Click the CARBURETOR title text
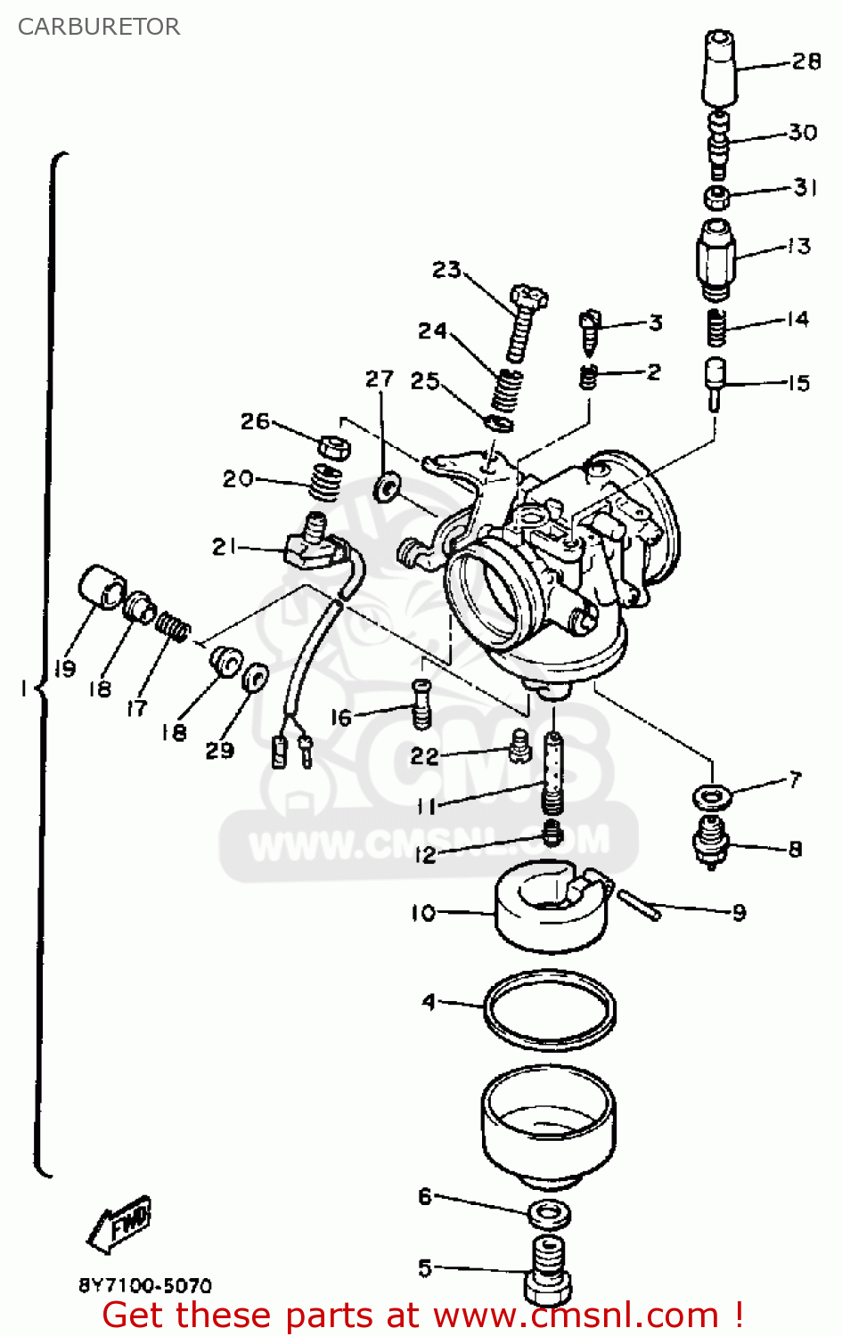pyautogui.click(x=99, y=27)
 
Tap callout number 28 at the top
pyautogui.click(x=805, y=61)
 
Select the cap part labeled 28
pyautogui.click(x=719, y=69)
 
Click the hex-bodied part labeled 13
pyautogui.click(x=715, y=259)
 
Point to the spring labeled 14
pyautogui.click(x=717, y=328)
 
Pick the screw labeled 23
pyautogui.click(x=526, y=322)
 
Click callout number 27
pyautogui.click(x=380, y=379)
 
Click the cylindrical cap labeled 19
pyautogui.click(x=101, y=587)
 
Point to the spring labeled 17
pyautogui.click(x=172, y=625)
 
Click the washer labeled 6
pyautogui.click(x=549, y=1214)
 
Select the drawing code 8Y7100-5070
pyautogui.click(x=145, y=1285)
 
